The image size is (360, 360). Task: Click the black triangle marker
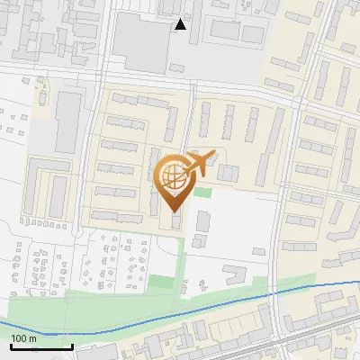pos(181,24)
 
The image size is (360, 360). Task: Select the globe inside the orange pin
pos(172,175)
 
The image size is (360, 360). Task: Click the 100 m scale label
pos(24,338)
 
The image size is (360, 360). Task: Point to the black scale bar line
pos(41,346)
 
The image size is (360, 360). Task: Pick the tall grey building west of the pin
pos(68,121)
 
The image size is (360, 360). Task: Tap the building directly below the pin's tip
pos(175,220)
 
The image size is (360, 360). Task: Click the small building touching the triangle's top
pos(171,8)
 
